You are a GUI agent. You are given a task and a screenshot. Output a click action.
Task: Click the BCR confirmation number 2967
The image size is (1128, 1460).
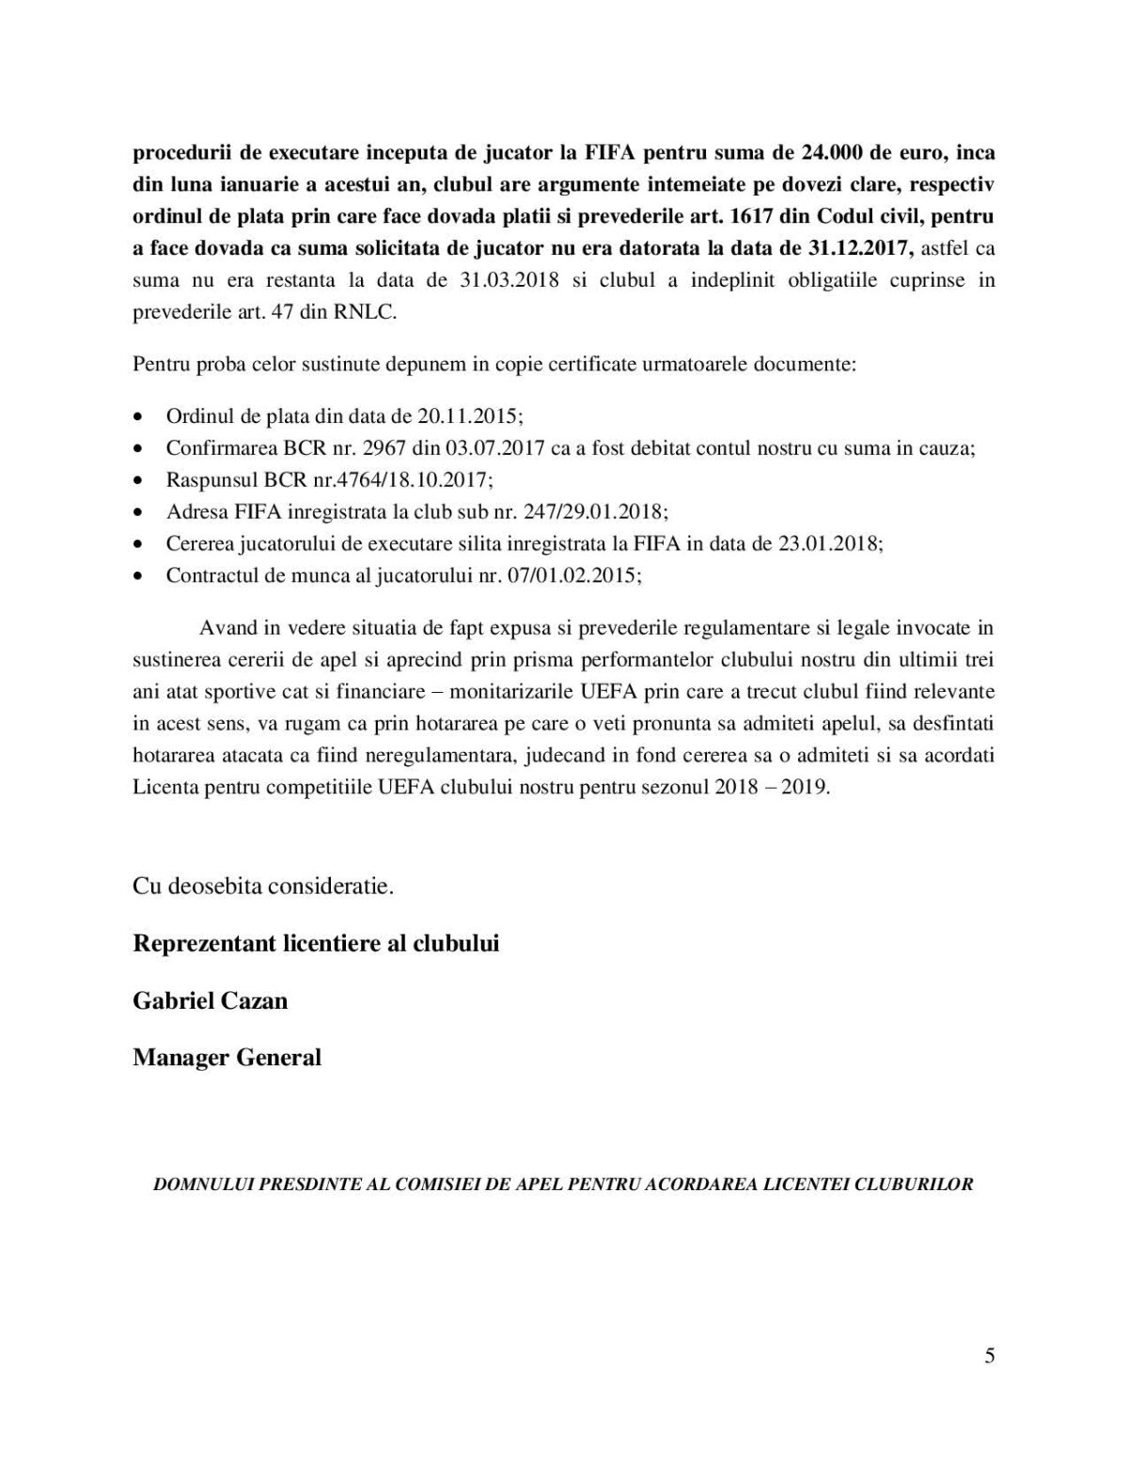(x=395, y=447)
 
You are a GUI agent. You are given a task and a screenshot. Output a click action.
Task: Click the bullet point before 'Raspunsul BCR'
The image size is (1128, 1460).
(x=139, y=480)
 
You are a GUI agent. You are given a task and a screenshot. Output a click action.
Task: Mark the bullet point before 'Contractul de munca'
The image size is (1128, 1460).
(x=139, y=576)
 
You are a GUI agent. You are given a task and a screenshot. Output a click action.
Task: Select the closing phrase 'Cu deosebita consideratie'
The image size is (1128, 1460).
(x=262, y=887)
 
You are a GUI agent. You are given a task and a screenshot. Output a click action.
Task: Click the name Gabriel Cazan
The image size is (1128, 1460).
(x=210, y=1000)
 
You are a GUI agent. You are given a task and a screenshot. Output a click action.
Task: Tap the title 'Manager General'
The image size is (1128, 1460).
(x=227, y=1058)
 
